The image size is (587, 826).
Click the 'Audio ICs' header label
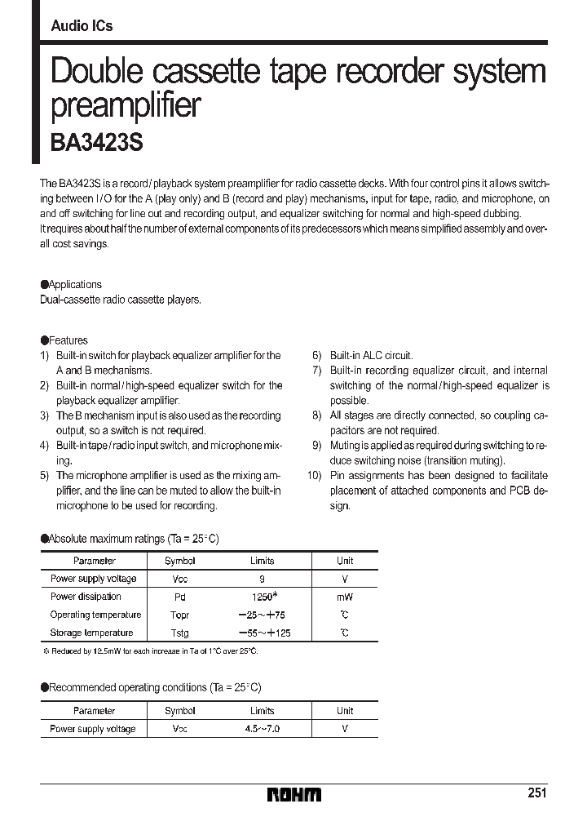click(82, 26)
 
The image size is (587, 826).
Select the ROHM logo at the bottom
click(294, 794)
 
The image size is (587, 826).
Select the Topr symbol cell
click(179, 615)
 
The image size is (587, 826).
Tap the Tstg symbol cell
click(179, 633)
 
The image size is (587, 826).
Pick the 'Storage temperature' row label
click(91, 633)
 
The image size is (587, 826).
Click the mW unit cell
click(345, 597)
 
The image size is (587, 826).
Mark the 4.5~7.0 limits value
click(263, 729)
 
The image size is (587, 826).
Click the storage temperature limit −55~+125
click(263, 633)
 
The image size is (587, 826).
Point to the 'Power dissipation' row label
click(86, 597)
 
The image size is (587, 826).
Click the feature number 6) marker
click(316, 356)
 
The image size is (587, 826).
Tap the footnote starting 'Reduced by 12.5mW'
click(151, 651)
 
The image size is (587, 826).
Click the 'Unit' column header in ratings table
click(345, 561)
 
